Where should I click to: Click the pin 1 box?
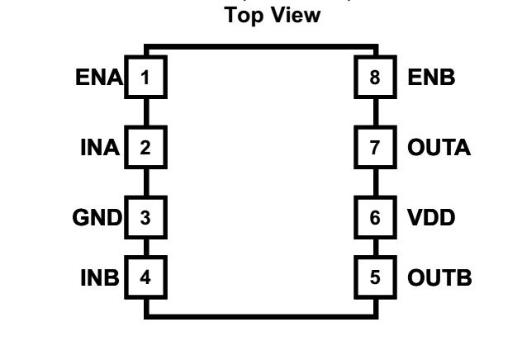click(x=146, y=78)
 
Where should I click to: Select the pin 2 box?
click(x=146, y=149)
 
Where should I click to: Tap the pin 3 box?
click(x=146, y=218)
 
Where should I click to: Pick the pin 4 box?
click(x=146, y=277)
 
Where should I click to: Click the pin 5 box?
click(x=376, y=277)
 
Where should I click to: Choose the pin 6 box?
click(x=376, y=218)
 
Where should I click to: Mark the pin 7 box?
click(x=376, y=149)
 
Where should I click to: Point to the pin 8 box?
click(x=376, y=78)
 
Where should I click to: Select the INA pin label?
click(x=102, y=149)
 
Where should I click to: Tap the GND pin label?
click(x=97, y=218)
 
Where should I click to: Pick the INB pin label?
click(x=101, y=277)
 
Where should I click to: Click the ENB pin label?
click(x=431, y=78)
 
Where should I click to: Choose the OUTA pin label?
click(x=439, y=149)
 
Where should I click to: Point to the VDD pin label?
click(x=432, y=218)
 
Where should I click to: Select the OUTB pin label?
click(x=439, y=277)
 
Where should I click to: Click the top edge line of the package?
click(x=261, y=47)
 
